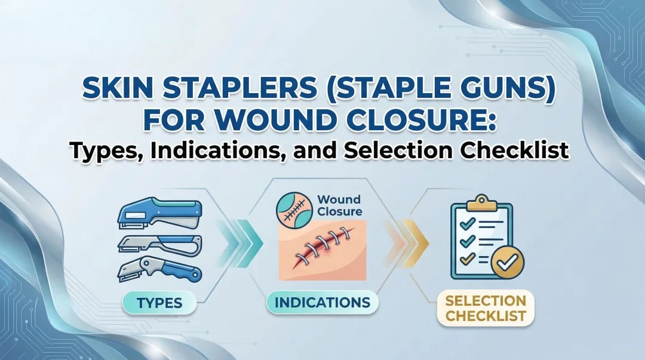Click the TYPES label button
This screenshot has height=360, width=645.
point(159,303)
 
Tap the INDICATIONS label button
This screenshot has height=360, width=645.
point(322,303)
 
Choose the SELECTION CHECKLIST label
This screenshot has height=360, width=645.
point(486,307)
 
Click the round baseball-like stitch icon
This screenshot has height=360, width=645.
point(293,207)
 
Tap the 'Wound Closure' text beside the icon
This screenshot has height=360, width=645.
point(339,205)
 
